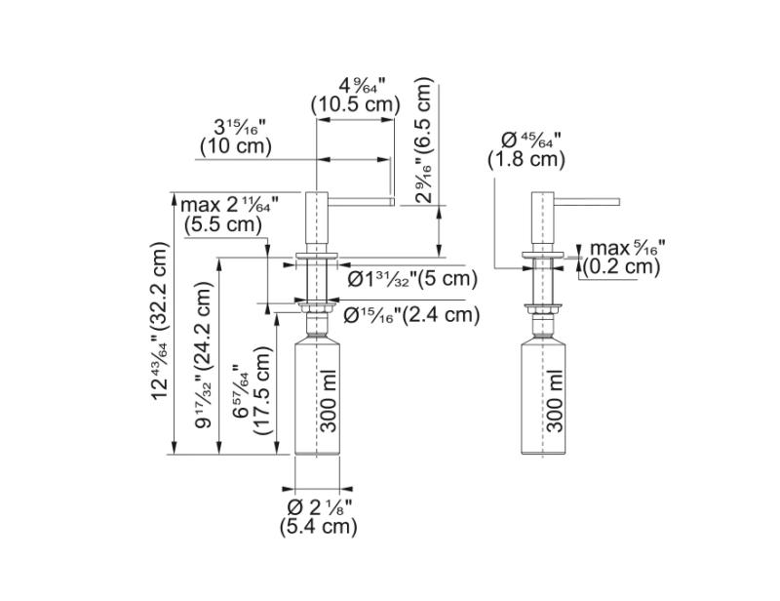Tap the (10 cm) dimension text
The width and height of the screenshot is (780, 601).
[235, 146]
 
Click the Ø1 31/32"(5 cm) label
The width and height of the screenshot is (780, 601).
[413, 279]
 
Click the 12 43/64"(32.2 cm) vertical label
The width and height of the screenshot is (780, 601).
[161, 323]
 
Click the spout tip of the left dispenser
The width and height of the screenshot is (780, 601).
[389, 202]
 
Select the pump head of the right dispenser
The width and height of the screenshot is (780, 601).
[542, 220]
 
